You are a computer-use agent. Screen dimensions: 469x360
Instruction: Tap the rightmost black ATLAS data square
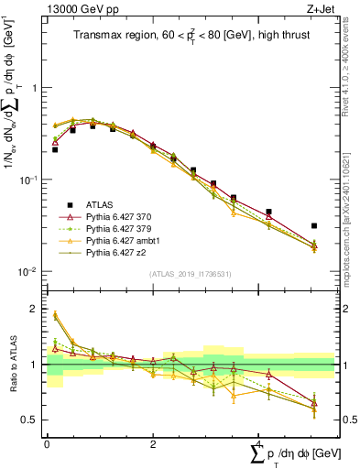[314, 225]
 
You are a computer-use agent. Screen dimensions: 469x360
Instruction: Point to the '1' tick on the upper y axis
[36, 89]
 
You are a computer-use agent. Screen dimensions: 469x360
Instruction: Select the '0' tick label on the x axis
[47, 444]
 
